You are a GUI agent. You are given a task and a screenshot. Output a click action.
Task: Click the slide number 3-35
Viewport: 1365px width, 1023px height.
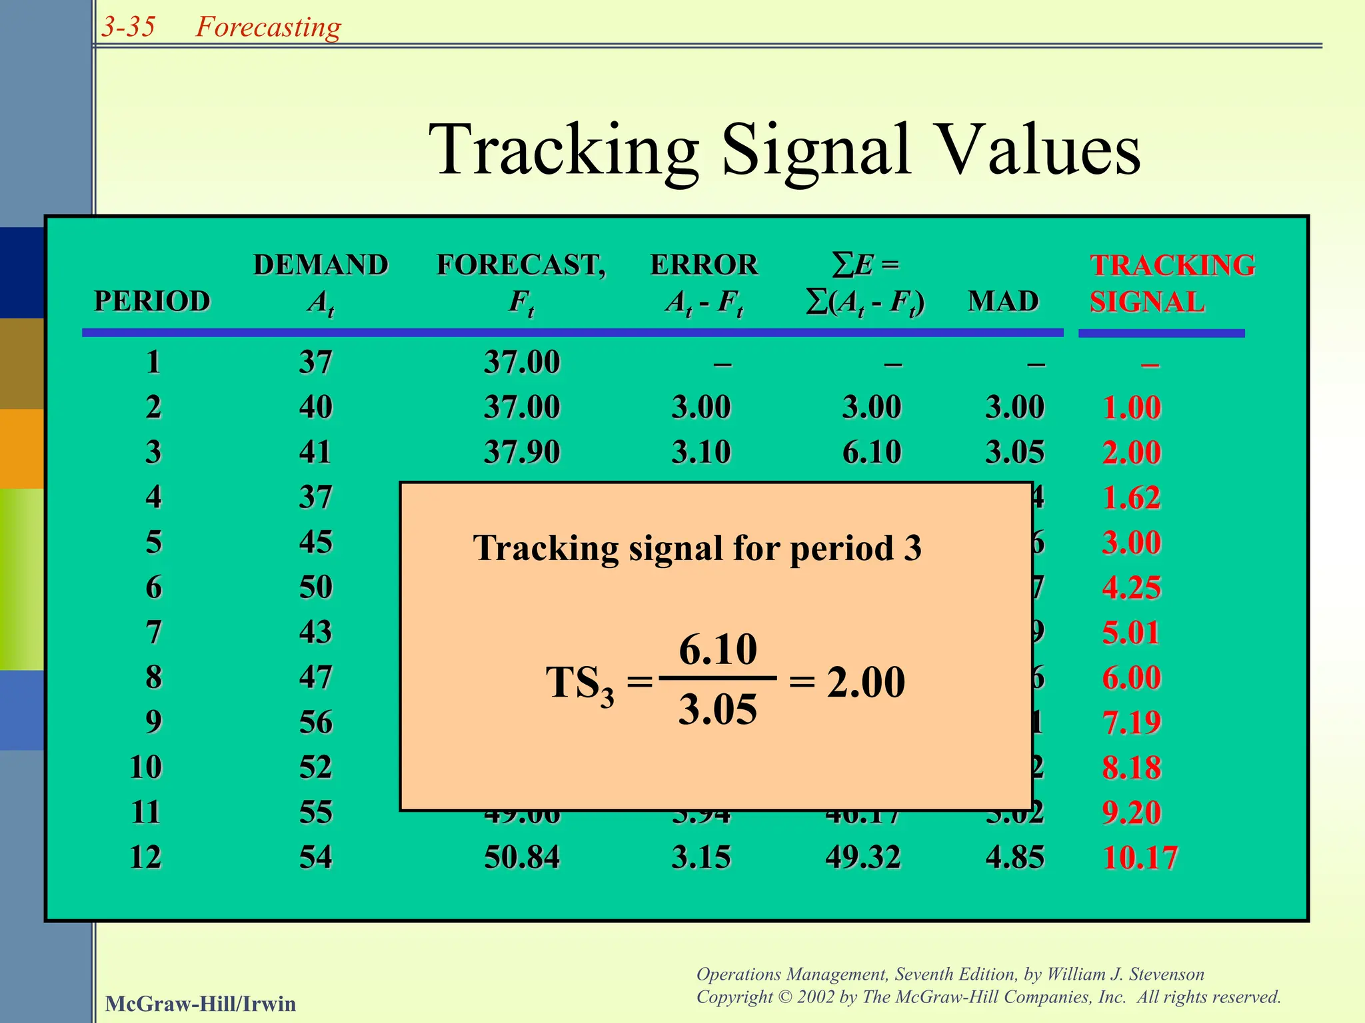[128, 27]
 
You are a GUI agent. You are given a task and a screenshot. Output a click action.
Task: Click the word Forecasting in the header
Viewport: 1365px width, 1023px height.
[268, 27]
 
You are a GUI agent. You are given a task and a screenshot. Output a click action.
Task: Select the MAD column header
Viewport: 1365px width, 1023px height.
[1003, 301]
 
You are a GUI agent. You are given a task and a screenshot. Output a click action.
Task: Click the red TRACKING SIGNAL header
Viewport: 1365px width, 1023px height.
[1172, 284]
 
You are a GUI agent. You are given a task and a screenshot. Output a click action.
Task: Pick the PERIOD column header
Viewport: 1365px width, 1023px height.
[152, 301]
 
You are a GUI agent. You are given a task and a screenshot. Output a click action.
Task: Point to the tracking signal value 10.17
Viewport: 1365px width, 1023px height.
[1140, 857]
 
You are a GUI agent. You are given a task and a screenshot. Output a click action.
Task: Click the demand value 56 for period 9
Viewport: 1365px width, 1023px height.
[315, 722]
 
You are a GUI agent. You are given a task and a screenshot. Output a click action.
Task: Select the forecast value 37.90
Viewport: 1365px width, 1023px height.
[522, 452]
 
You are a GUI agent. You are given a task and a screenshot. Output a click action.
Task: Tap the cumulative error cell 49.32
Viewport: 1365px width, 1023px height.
[863, 857]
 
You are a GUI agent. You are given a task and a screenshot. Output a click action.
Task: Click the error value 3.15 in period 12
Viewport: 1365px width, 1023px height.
[701, 857]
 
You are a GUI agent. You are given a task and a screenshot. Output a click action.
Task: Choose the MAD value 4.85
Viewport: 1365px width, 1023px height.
[1014, 857]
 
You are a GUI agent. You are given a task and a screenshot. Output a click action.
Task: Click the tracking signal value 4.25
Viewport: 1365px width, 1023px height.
[1132, 587]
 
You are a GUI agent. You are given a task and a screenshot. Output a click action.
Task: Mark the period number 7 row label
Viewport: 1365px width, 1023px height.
[153, 632]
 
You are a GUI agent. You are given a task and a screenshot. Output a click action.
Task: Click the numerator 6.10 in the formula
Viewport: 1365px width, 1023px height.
[718, 649]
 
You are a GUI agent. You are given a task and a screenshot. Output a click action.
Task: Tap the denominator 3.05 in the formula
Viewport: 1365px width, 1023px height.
[718, 709]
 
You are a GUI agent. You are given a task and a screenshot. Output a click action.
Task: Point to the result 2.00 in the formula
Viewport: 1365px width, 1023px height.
[866, 682]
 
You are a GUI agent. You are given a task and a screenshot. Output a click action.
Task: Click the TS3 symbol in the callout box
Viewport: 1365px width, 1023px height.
[579, 684]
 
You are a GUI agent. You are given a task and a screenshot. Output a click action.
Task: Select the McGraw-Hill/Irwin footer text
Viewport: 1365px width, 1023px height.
[200, 1004]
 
